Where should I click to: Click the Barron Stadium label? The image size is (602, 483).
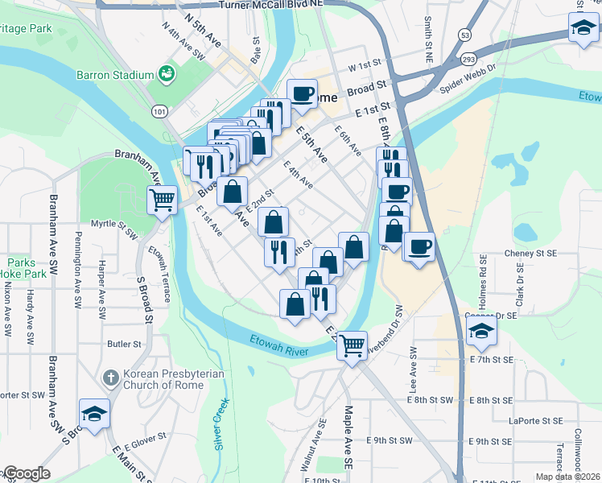114,75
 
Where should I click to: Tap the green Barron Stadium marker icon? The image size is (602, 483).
167,75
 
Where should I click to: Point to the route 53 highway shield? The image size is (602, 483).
464,35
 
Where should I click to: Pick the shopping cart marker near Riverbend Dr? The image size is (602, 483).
352,345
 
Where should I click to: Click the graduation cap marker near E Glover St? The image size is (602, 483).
94,414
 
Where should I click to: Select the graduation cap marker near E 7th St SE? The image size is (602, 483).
481,328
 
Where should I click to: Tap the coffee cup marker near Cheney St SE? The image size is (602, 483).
418,246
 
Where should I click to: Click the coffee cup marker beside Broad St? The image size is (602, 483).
302,93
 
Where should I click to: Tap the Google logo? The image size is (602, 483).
26,473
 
